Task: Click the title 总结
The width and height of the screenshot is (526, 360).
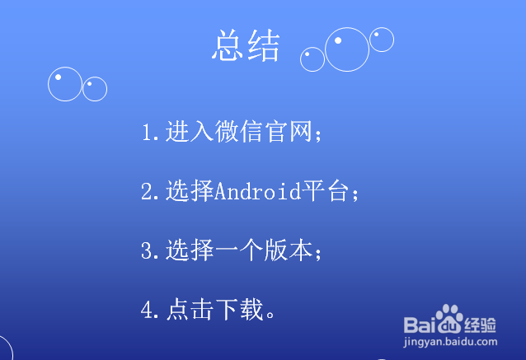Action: click(x=246, y=46)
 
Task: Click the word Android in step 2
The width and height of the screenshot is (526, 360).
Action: click(x=256, y=191)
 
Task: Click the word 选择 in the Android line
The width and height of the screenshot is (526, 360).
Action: click(x=189, y=191)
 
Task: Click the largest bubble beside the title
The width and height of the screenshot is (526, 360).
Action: click(x=347, y=49)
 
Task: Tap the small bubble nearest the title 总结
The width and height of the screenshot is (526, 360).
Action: click(x=312, y=58)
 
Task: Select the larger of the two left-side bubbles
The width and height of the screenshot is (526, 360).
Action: click(x=65, y=84)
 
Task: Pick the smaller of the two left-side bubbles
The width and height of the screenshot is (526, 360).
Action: click(x=95, y=88)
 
